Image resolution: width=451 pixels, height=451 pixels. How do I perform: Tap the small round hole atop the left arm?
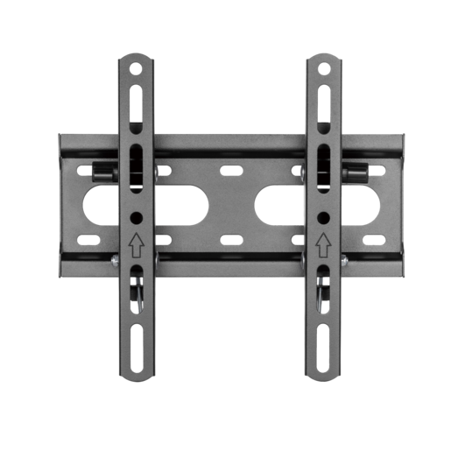137,67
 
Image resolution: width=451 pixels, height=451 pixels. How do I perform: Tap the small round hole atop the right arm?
323,67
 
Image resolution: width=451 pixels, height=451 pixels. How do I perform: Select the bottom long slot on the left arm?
137,346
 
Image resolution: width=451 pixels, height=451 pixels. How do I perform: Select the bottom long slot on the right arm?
323,346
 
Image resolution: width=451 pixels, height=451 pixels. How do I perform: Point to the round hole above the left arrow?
137,216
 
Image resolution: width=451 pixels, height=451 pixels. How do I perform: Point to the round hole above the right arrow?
323,216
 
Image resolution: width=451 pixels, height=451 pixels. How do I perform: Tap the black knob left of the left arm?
104,171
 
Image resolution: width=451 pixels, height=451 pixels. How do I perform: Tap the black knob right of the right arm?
356,171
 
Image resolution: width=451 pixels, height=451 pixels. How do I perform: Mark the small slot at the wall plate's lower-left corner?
88,238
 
